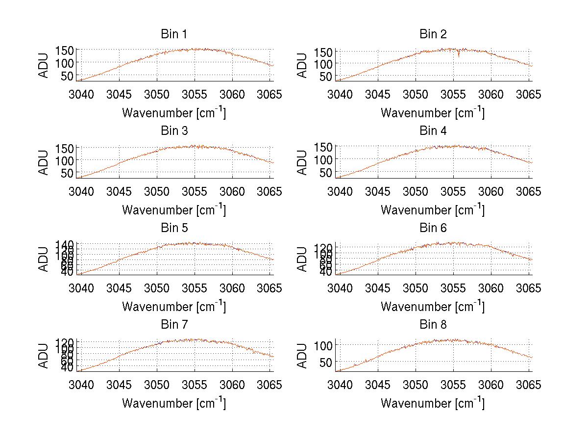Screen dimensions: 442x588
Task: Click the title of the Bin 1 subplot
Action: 174,34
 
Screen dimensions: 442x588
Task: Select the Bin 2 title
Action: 433,34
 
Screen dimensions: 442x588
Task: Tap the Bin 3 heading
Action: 174,131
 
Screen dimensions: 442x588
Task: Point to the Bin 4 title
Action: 433,131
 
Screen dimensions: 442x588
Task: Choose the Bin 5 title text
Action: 174,228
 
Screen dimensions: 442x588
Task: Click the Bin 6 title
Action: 433,228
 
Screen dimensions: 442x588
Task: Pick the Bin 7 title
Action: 174,325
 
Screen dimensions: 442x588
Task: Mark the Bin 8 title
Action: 433,325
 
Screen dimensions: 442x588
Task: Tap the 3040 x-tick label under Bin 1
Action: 81,94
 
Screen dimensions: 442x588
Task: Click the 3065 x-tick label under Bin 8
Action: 528,385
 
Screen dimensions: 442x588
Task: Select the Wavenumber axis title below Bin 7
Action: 174,403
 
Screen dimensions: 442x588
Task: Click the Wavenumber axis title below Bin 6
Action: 433,306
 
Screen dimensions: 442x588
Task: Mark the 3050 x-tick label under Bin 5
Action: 157,287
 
